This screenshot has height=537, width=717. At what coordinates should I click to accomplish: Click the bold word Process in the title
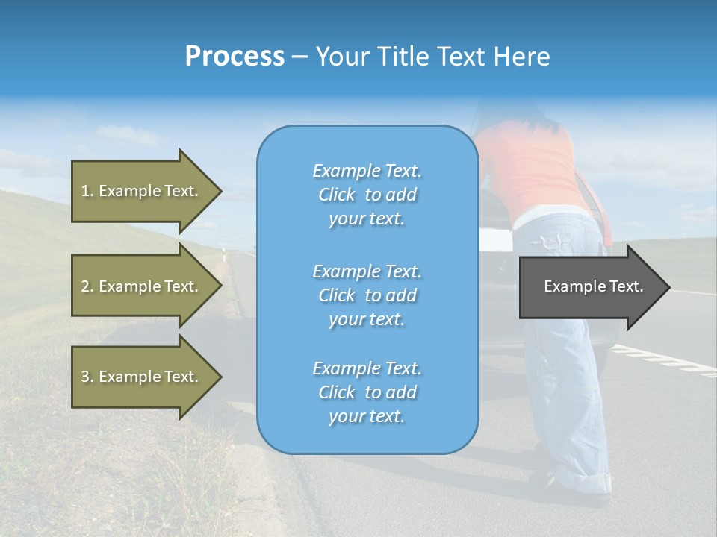click(235, 56)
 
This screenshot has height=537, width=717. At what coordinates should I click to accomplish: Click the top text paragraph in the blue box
click(367, 195)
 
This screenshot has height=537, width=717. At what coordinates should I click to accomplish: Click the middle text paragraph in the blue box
click(367, 295)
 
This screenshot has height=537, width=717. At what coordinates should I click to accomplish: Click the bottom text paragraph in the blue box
click(367, 392)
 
